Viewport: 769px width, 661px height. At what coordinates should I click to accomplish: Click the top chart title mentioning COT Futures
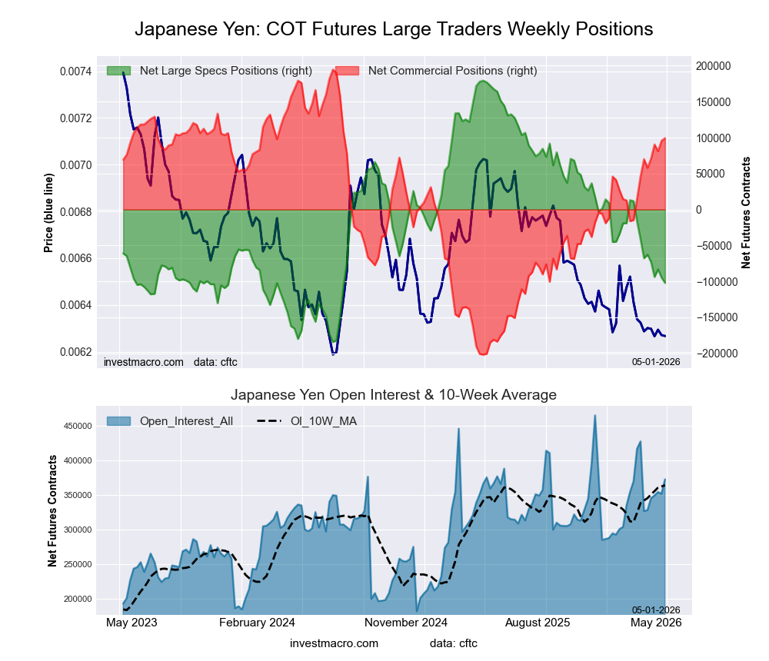pos(394,29)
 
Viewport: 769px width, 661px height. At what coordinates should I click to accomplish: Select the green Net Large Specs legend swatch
pos(118,71)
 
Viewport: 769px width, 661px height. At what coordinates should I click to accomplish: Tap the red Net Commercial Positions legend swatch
pos(348,71)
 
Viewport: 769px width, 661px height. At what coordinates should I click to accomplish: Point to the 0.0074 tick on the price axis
pos(75,71)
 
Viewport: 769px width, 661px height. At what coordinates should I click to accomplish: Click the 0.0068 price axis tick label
pos(75,212)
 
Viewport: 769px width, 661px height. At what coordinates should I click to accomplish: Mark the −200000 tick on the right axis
pos(717,354)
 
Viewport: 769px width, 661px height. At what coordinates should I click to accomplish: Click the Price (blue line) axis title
pos(48,214)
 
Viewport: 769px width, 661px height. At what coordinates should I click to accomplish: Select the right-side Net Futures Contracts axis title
pos(746,213)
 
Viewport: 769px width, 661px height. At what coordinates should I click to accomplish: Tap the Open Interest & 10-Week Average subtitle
pos(393,395)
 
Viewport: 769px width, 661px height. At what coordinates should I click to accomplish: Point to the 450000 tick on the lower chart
pos(78,426)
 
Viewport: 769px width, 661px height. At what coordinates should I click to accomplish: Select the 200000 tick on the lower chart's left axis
pos(78,600)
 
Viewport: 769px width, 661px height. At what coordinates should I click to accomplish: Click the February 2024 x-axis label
pos(257,623)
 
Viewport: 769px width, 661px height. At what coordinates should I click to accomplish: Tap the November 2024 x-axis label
pos(406,623)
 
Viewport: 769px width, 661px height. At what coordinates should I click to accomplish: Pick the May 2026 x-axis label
pos(656,623)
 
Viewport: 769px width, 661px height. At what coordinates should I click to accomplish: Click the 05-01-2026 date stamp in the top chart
pos(656,362)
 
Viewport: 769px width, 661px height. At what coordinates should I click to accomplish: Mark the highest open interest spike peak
pos(595,415)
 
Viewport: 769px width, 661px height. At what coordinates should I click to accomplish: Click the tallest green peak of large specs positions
pos(483,81)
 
